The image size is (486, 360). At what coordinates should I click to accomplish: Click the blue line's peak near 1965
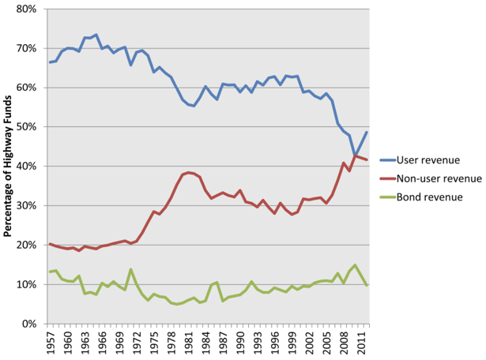coord(96,35)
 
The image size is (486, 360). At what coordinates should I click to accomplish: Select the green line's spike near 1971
coord(131,269)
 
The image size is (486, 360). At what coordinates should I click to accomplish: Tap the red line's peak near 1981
coord(189,172)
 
